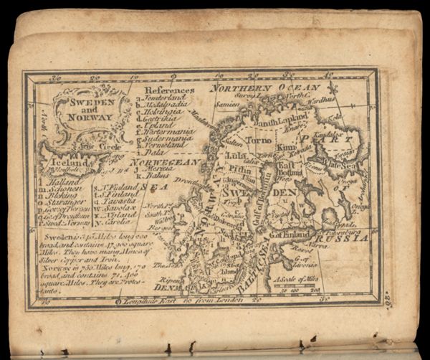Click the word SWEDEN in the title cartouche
(87, 103)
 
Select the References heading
(169, 90)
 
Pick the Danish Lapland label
(279, 123)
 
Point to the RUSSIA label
(346, 237)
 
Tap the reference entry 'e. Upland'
(159, 123)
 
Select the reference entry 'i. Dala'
(153, 152)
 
